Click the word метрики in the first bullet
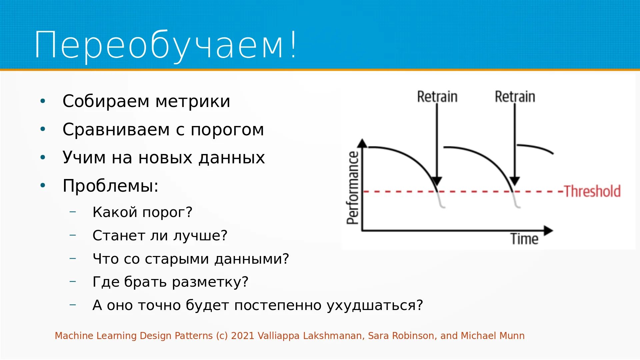click(193, 101)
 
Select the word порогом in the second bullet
click(227, 130)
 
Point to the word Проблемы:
click(110, 186)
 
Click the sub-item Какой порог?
click(142, 212)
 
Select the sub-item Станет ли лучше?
click(160, 235)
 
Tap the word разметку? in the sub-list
click(210, 282)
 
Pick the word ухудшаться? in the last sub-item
click(375, 306)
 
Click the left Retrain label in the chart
click(437, 97)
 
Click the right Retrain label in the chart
click(515, 97)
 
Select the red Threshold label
click(592, 191)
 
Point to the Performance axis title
click(353, 188)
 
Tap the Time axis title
click(524, 239)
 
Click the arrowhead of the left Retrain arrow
click(437, 181)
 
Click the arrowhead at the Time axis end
click(548, 230)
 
